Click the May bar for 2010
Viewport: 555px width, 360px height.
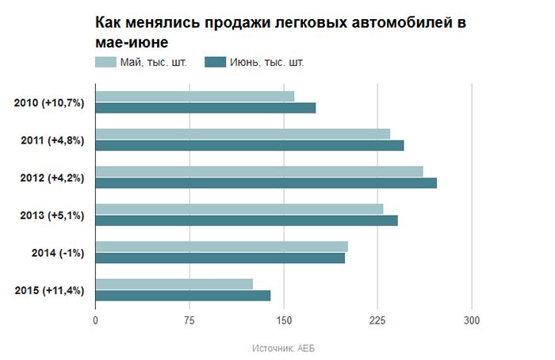point(194,96)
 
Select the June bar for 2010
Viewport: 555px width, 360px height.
point(205,108)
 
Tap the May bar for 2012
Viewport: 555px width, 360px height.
point(258,171)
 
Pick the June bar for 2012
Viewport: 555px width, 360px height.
point(266,183)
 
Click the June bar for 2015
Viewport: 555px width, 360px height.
point(182,296)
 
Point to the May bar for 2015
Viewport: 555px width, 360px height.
point(174,284)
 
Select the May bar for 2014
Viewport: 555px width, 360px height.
point(221,246)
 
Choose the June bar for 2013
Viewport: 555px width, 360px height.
point(246,220)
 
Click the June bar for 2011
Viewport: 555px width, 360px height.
point(249,145)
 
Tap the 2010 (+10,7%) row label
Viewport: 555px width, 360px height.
point(49,103)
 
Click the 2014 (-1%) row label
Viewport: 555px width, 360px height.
point(56,253)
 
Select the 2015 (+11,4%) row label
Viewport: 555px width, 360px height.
point(49,290)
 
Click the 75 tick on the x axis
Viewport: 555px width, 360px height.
point(189,320)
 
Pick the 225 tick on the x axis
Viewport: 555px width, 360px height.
point(377,320)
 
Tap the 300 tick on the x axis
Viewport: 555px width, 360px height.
point(472,320)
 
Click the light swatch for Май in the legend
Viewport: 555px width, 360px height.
point(105,62)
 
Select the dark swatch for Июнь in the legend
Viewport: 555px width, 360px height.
point(214,62)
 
